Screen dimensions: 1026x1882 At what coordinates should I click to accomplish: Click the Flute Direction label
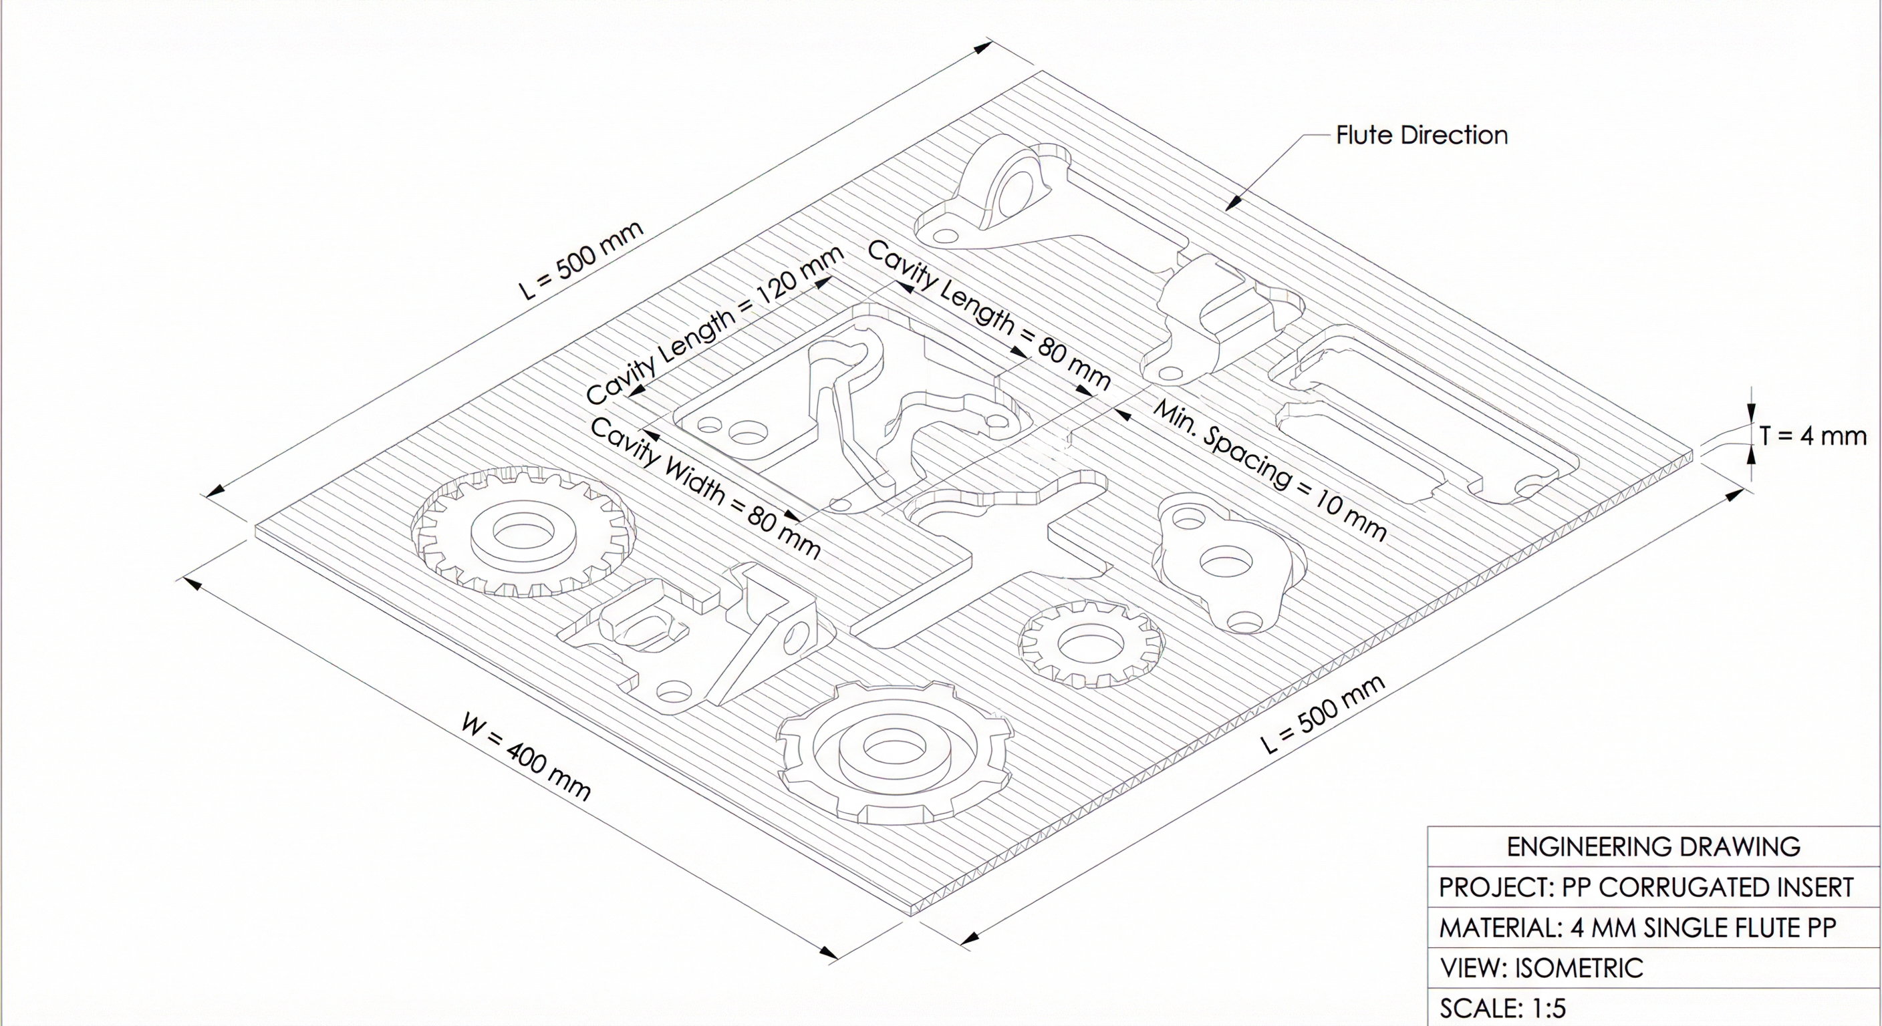tap(1421, 135)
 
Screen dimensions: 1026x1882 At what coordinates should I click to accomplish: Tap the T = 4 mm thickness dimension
tap(1812, 436)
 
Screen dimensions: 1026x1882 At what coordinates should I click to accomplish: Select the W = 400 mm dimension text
tap(526, 757)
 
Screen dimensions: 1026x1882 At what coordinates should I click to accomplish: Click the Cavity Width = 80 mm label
tap(705, 487)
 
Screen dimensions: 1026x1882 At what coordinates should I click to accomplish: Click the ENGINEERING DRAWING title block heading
tap(1653, 846)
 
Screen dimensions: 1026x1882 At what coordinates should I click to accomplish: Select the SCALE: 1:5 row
tap(1503, 1009)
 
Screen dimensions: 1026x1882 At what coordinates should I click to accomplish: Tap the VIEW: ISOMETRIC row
tap(1542, 969)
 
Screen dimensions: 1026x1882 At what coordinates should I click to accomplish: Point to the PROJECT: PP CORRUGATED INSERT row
tap(1646, 887)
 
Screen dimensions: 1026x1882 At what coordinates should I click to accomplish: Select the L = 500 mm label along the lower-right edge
tap(1323, 713)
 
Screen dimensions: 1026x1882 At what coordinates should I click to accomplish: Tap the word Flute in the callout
tap(1365, 135)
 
